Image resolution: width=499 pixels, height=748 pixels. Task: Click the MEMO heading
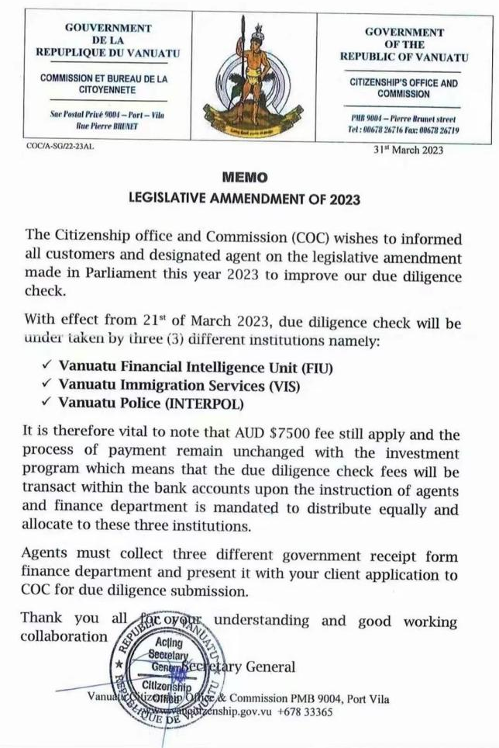click(x=249, y=178)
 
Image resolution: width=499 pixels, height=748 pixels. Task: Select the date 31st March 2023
click(x=408, y=151)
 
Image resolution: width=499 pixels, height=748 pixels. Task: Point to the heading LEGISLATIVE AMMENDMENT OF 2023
click(x=249, y=199)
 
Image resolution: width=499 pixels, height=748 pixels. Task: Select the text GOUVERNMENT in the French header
click(x=108, y=28)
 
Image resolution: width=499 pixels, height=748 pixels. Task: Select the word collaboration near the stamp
click(x=64, y=636)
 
